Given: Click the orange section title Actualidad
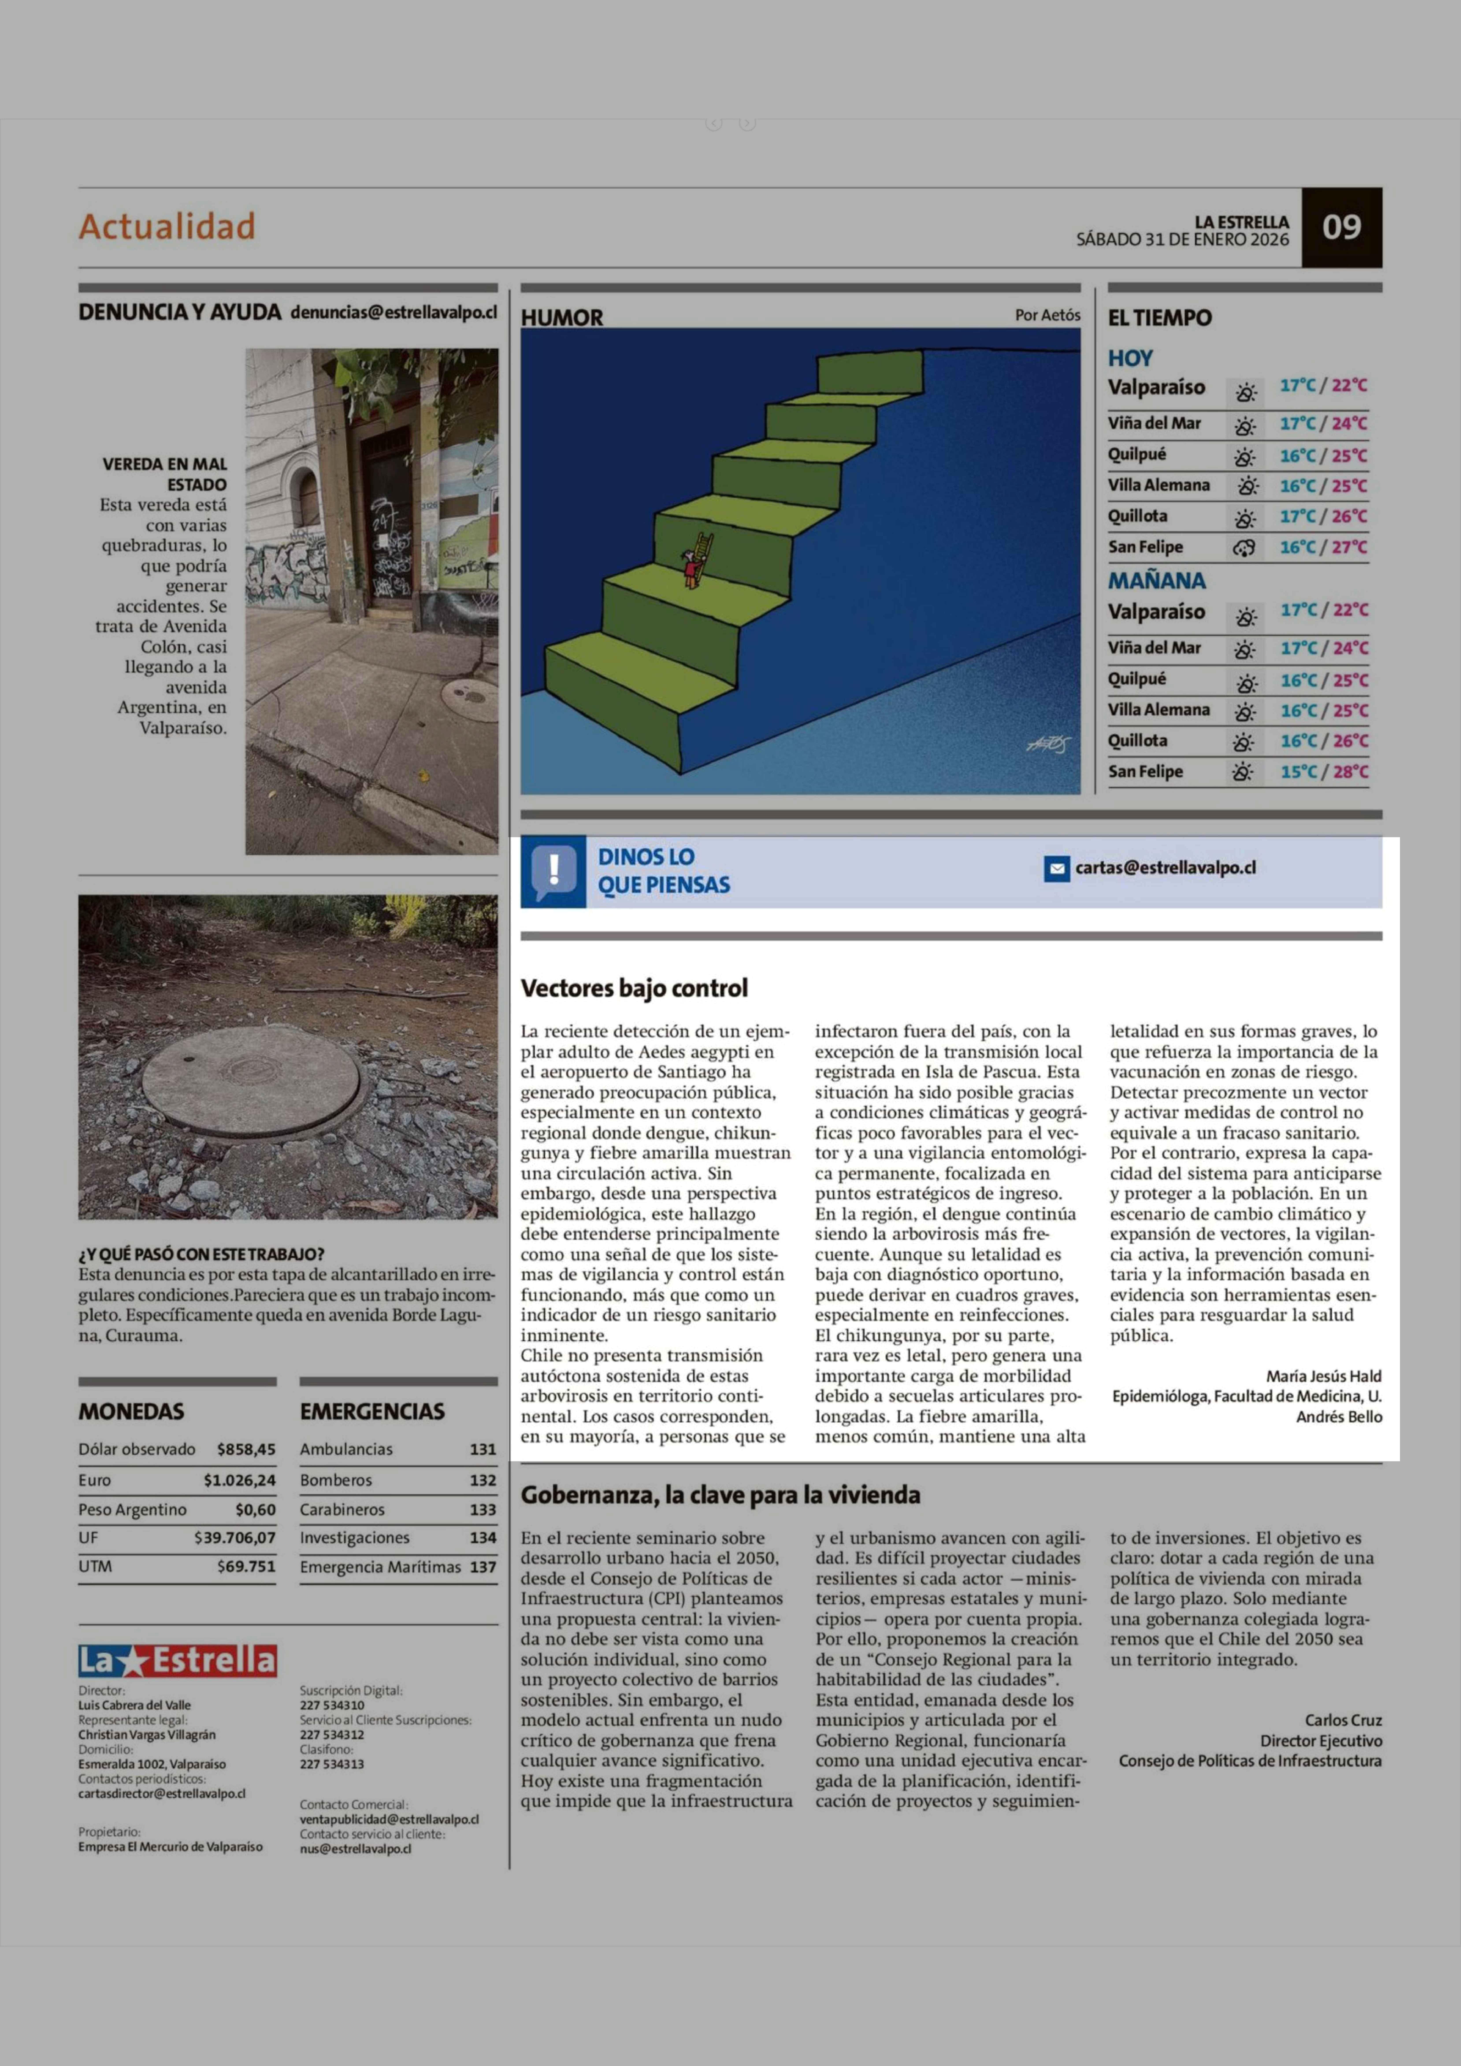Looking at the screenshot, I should pyautogui.click(x=167, y=226).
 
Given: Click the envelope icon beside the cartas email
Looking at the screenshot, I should pyautogui.click(x=1056, y=869).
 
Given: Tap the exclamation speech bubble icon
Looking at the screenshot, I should pyautogui.click(x=553, y=871).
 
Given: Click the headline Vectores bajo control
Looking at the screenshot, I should pyautogui.click(x=634, y=988).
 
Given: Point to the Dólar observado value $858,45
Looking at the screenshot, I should pyautogui.click(x=246, y=1449).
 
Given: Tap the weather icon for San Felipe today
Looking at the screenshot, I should pyautogui.click(x=1244, y=547).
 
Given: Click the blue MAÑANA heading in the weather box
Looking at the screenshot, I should pyautogui.click(x=1156, y=580).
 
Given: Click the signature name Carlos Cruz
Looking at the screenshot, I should pyautogui.click(x=1343, y=1720).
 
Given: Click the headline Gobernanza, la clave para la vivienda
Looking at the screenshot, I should pyautogui.click(x=720, y=1495).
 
